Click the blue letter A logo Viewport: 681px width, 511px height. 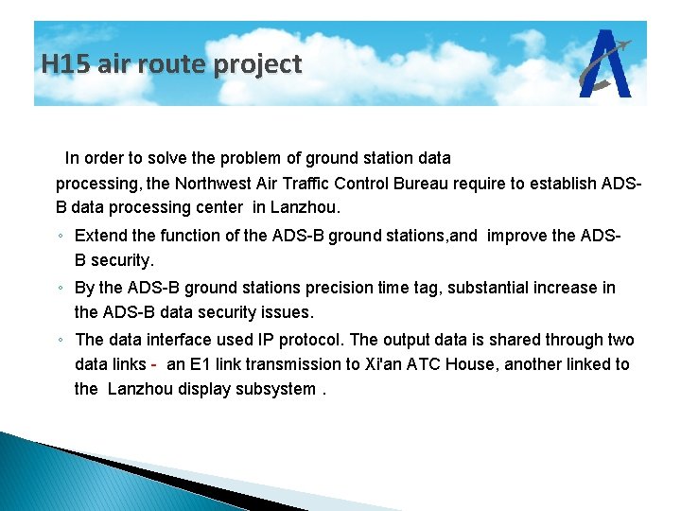(606, 64)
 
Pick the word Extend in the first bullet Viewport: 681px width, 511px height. (99, 236)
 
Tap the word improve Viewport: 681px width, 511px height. (516, 236)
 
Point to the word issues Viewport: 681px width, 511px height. (287, 312)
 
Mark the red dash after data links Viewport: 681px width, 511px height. (153, 365)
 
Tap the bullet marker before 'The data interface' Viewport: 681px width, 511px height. (60, 341)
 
